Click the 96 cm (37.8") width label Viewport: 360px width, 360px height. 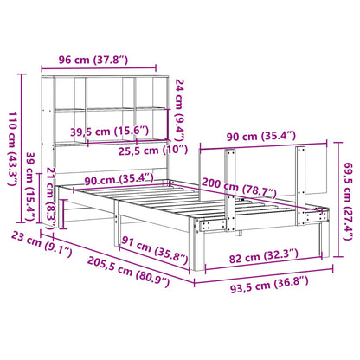pos(94,61)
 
